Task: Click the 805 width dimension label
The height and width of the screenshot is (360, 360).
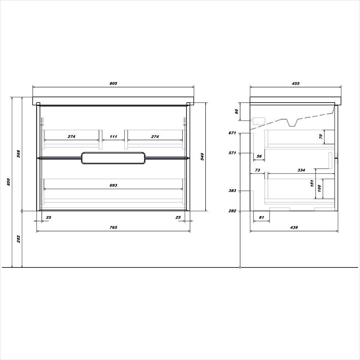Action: (x=113, y=84)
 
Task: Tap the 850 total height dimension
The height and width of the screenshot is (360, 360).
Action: (x=9, y=182)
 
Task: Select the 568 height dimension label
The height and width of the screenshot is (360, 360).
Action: (x=19, y=154)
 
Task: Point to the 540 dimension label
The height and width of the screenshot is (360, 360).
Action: (x=202, y=157)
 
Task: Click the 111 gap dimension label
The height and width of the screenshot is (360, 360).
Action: (x=113, y=136)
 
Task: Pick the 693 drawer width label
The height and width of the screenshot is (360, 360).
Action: (x=113, y=185)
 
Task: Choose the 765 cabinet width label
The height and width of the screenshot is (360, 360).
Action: (x=113, y=227)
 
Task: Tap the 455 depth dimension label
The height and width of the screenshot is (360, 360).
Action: (x=296, y=84)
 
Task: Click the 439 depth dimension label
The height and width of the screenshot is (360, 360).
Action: (x=294, y=227)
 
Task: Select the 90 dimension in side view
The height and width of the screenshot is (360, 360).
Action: (x=237, y=112)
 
